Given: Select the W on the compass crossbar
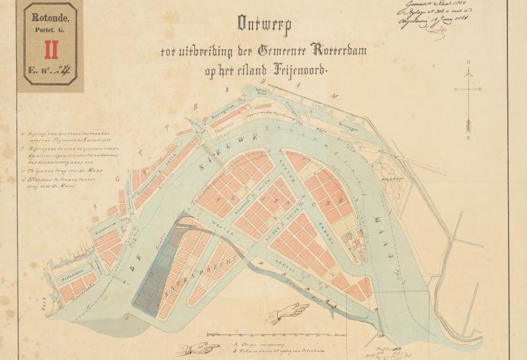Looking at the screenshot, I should point(456,89).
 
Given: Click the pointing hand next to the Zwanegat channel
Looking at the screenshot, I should point(288,312).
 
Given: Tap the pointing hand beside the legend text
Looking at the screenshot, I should point(196,348).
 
